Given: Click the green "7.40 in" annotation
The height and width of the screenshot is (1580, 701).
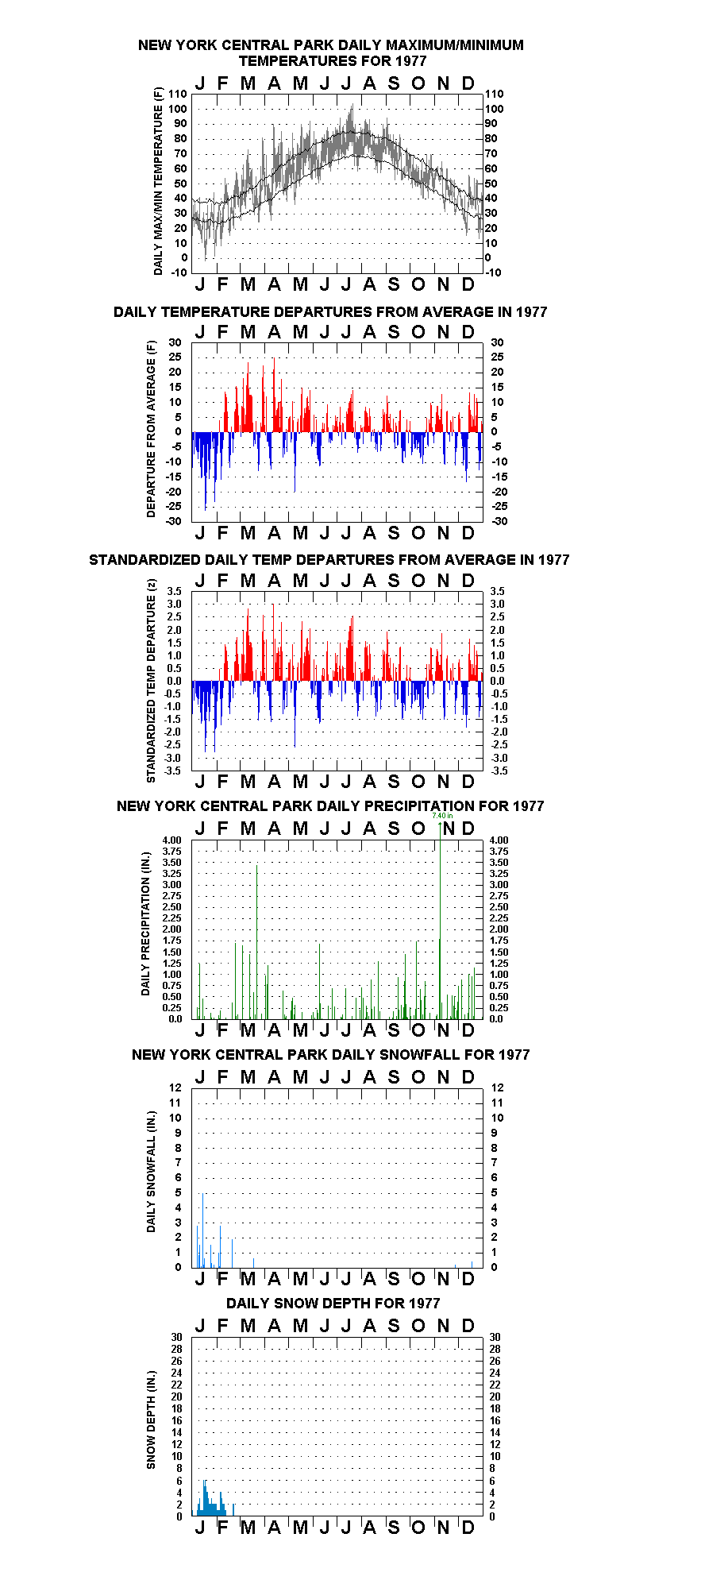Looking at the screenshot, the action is coord(442,816).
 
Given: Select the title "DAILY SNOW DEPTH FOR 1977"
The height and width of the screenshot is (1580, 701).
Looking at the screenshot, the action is coord(333,1304).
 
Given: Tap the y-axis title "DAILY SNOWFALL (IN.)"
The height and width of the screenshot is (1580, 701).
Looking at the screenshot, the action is coord(151,1172).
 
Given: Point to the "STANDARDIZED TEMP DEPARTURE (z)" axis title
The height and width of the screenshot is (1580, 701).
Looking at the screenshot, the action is coord(151,681).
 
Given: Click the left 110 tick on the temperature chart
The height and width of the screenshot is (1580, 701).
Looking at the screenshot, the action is coord(179,95).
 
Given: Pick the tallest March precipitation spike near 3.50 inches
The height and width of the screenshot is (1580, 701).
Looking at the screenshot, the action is coord(256,941).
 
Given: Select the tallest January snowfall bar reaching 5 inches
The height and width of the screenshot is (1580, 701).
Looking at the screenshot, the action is coord(203,1230).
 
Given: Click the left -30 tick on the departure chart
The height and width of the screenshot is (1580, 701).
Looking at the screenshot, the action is coord(175,521).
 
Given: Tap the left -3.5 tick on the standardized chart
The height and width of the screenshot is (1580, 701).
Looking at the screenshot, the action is coord(174,771).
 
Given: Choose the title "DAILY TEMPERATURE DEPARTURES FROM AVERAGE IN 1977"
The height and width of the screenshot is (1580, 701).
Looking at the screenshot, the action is coord(330,312).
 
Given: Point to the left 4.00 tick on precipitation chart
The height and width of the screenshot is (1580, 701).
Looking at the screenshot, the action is coord(172,840).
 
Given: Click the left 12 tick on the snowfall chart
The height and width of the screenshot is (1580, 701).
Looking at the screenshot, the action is coord(175,1088).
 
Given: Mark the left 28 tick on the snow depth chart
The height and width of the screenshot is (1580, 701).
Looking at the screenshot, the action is coord(176,1349).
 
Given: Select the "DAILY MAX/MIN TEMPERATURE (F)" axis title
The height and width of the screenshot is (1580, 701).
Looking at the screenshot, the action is coord(158,181).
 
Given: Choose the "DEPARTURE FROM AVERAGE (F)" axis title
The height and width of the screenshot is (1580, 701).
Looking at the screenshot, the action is coord(151,429).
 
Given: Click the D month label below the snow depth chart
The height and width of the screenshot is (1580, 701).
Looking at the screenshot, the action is coord(468,1528).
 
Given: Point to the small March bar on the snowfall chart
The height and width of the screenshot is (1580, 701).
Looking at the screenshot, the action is coord(254,1262).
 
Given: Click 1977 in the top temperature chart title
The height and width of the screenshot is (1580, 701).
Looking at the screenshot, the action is coord(409,61).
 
